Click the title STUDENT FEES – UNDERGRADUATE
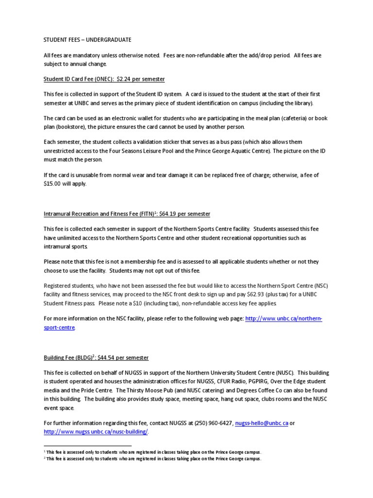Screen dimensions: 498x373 [87, 39]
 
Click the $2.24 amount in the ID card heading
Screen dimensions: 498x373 [123, 78]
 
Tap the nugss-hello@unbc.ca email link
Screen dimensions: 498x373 [261, 423]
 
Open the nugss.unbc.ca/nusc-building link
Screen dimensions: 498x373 [96, 431]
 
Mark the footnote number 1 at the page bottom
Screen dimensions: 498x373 [44, 452]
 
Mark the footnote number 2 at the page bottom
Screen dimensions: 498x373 [44, 458]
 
